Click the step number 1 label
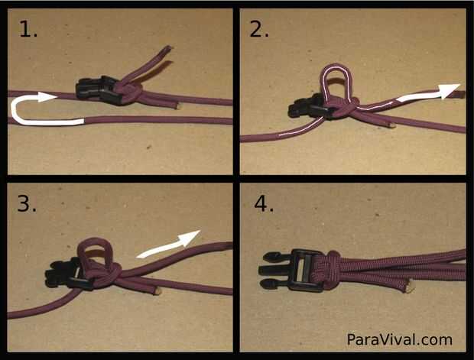click(28, 29)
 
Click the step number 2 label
click(259, 29)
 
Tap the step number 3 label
click(27, 203)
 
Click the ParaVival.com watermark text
click(399, 339)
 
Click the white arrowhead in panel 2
click(449, 90)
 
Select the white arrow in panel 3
click(168, 245)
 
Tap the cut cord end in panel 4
click(409, 285)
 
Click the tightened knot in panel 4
click(328, 266)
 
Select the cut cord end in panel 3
click(157, 291)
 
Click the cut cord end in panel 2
click(392, 125)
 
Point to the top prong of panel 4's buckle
click(273, 257)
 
